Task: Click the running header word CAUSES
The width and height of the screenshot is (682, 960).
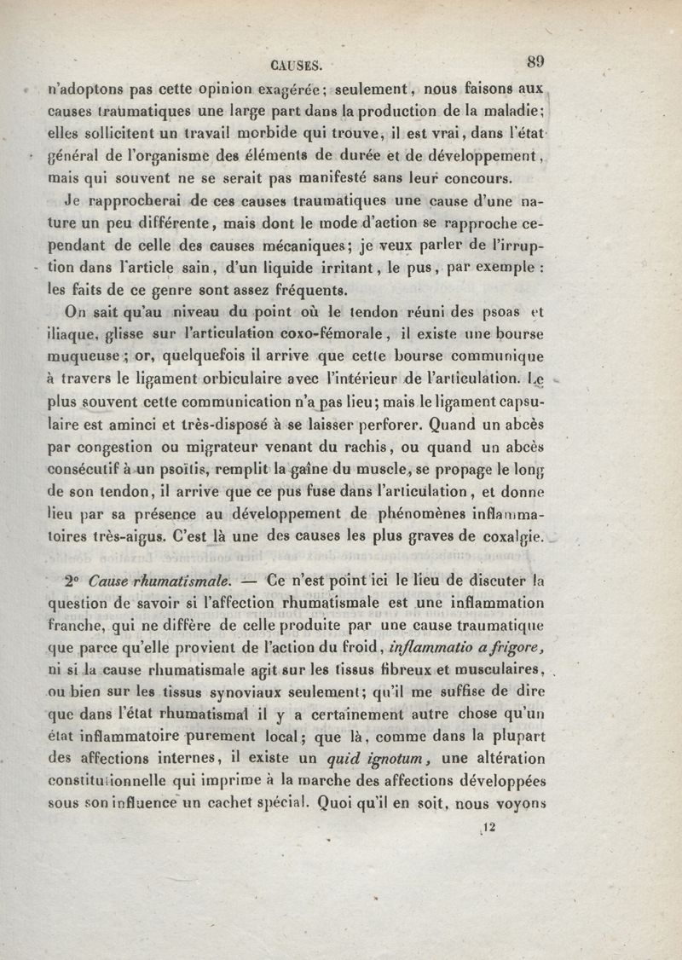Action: click(294, 63)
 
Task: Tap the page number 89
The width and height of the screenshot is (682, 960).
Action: click(536, 61)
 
